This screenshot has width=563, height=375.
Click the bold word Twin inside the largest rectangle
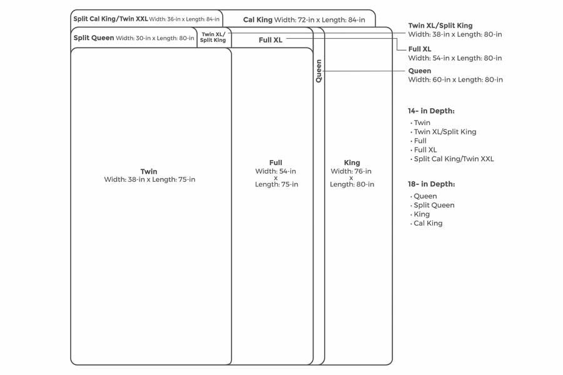(149, 171)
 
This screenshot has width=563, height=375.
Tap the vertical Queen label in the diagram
(319, 71)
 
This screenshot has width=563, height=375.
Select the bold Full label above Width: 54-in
(276, 162)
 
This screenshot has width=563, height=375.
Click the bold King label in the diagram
(352, 162)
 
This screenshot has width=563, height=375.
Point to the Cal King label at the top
(258, 20)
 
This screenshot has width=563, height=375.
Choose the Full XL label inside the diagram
(271, 40)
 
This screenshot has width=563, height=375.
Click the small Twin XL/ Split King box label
(213, 37)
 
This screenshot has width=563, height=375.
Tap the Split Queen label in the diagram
(94, 38)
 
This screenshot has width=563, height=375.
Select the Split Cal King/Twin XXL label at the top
(111, 19)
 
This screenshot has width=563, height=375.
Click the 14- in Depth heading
(431, 111)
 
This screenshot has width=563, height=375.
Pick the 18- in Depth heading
(431, 184)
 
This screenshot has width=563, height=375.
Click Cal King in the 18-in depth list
(428, 223)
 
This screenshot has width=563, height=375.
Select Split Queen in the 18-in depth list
(434, 205)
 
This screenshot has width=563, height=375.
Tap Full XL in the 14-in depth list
(425, 150)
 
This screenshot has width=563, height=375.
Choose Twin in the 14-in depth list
(422, 123)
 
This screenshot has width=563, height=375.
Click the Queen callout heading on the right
(420, 71)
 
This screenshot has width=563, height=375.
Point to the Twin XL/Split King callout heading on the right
(440, 26)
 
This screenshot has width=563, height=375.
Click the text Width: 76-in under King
(351, 171)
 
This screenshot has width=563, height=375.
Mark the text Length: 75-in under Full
(276, 184)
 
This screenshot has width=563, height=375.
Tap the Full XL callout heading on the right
(420, 49)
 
